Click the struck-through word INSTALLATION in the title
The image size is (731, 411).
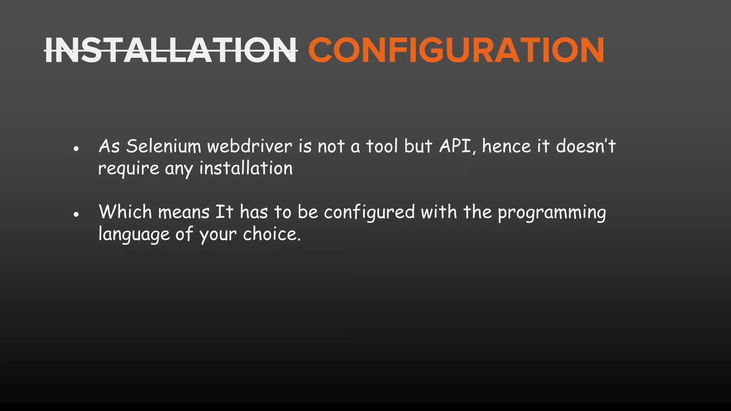(171, 50)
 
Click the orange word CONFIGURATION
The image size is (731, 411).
(456, 50)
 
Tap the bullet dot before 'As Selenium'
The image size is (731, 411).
(76, 148)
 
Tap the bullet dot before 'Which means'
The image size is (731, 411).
(76, 214)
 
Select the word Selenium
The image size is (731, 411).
(164, 146)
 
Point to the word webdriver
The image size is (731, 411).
(250, 146)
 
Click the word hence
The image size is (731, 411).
(506, 146)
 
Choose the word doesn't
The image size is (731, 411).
(586, 146)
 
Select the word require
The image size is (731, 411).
(128, 168)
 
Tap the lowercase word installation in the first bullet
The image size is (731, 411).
(246, 168)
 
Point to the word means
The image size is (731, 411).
(184, 213)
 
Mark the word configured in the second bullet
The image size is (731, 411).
(369, 213)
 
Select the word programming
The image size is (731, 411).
(552, 213)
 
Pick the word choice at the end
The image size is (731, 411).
(272, 234)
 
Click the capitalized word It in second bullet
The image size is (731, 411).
(224, 212)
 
